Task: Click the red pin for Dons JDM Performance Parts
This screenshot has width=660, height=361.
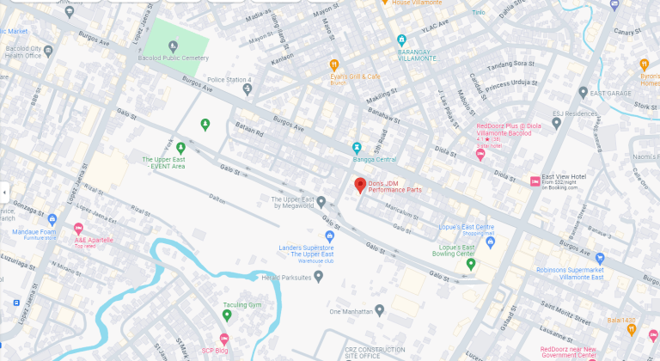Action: [361, 185]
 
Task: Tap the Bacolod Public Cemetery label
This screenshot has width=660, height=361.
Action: [172, 58]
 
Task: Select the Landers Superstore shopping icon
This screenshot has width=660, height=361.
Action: [329, 236]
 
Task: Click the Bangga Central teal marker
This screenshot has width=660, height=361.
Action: [357, 147]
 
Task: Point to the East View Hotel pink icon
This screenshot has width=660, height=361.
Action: [535, 180]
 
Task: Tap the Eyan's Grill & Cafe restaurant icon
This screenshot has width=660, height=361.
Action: [334, 64]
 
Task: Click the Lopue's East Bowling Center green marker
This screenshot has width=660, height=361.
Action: [471, 264]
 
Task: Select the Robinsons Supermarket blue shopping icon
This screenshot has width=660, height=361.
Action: [600, 258]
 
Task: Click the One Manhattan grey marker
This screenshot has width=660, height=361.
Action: [379, 310]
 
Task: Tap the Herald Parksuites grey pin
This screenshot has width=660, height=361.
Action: [318, 276]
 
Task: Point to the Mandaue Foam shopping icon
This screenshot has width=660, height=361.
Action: [52, 219]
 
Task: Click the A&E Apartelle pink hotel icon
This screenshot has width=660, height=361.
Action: [78, 229]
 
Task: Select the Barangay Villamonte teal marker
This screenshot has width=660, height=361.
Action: [401, 40]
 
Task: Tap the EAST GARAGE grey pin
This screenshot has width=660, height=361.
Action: [583, 92]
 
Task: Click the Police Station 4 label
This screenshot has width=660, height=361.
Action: [228, 80]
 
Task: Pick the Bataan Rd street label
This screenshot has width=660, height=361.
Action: [249, 136]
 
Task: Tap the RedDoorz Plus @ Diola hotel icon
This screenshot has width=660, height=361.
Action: [480, 155]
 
